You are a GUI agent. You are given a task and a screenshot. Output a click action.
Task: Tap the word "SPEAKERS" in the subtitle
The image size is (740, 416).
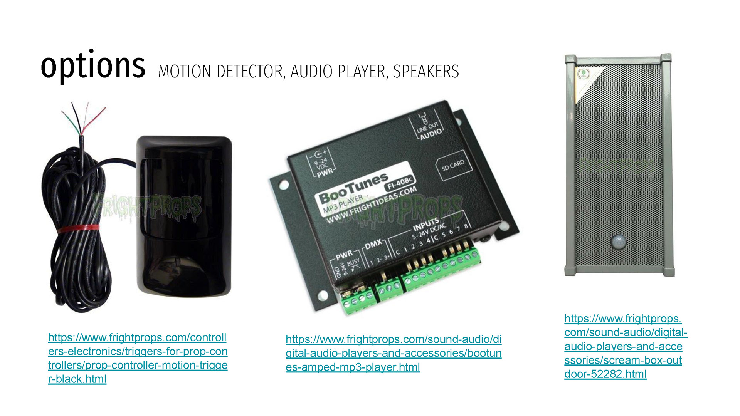426,72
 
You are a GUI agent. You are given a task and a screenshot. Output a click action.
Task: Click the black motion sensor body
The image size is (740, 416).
184,216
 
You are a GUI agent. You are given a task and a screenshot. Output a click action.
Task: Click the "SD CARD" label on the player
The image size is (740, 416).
453,165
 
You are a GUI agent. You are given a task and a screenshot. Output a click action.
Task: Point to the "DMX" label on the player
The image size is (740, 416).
373,244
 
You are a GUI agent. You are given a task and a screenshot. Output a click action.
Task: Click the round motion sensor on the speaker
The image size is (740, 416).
619,242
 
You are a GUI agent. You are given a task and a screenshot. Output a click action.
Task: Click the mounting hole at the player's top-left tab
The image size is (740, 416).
284,185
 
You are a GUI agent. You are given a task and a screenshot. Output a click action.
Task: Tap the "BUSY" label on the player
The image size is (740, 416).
353,263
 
